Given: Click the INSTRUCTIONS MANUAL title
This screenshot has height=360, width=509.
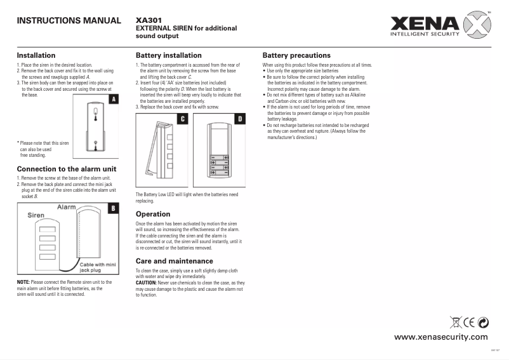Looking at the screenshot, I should coord(69,21).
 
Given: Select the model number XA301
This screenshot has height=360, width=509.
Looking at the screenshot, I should coord(149,20).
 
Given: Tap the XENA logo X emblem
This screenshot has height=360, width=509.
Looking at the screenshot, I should coord(477,27).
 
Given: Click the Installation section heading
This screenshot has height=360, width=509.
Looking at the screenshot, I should coord(36,55).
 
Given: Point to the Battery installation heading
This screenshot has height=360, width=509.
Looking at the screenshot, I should coord(168,55).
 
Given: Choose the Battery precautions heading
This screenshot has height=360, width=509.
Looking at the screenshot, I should coord(296,55).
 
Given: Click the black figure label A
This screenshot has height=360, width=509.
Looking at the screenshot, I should coord(113,100).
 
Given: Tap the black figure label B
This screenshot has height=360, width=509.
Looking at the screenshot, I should coord(113,208).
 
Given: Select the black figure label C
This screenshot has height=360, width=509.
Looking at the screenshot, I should coord(183,119).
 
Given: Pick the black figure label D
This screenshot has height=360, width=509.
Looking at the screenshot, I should coord(240,119).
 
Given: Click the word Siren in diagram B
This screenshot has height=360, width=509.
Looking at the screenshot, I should coord(36,215).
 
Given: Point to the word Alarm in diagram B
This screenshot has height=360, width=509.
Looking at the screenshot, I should coord(67,208).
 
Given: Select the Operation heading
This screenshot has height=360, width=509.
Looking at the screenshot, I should coord(153,214).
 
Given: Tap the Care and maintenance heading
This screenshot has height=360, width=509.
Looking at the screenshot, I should coord(174,261).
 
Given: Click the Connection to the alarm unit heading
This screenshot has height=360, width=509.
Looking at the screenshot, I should coord(66,169).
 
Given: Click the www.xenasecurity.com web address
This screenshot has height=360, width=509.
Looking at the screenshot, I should coord(441,337).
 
